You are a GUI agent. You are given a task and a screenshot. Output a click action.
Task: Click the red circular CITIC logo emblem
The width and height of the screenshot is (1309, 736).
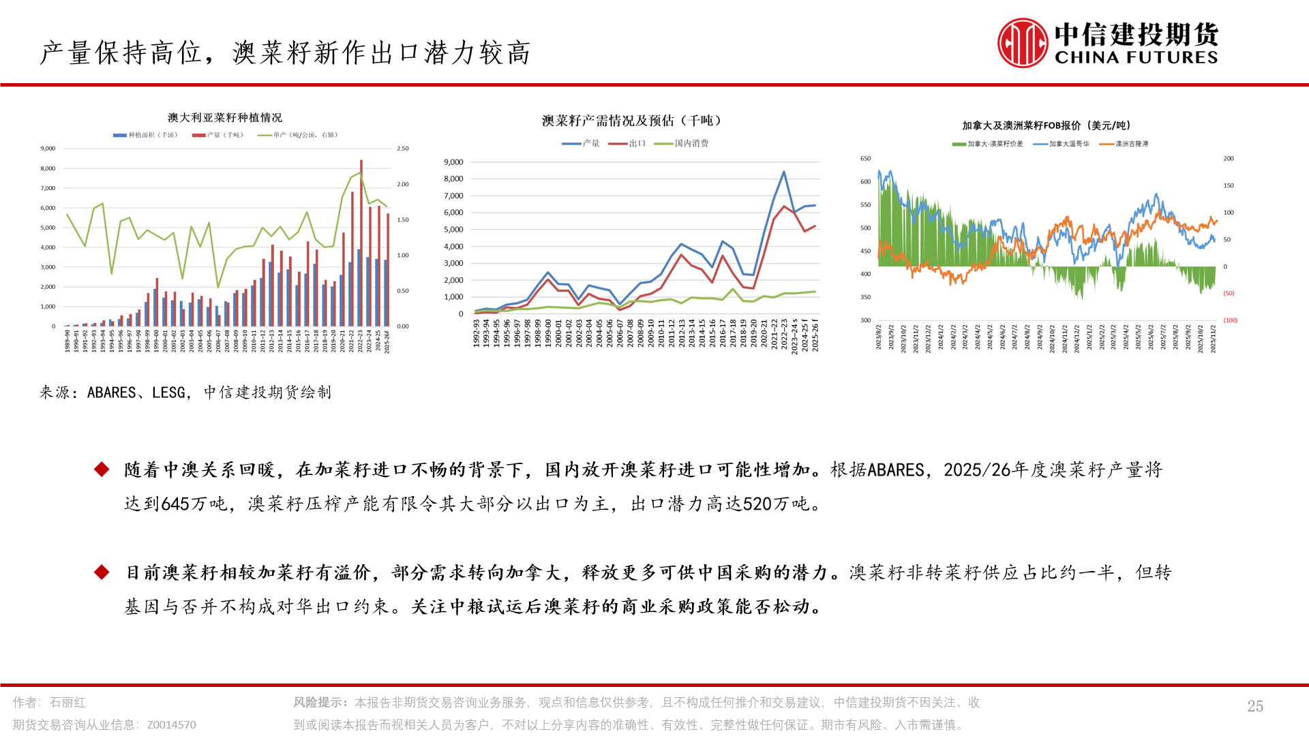[1022, 43]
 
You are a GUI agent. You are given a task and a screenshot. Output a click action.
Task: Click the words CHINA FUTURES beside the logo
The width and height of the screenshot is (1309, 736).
[1136, 58]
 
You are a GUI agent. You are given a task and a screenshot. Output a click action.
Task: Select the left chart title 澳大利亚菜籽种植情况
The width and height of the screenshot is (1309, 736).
[224, 118]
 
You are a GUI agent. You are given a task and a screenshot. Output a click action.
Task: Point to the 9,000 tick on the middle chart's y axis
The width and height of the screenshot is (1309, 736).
[453, 162]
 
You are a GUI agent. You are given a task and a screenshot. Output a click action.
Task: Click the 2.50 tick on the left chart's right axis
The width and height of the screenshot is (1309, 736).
[403, 149]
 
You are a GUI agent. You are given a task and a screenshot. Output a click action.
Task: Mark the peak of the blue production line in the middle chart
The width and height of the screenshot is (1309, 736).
[784, 172]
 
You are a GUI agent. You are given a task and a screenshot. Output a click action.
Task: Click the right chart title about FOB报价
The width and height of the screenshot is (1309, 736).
[1046, 125]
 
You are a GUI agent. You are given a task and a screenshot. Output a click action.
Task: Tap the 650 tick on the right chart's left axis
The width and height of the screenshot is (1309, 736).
[865, 159]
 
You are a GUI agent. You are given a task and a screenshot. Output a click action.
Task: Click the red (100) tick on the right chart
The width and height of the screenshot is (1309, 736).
[1230, 320]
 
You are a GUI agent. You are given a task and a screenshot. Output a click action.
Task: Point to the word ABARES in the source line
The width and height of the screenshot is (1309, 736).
[111, 393]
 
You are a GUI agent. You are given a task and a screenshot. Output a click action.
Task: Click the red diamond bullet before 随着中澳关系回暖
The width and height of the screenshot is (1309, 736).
[102, 470]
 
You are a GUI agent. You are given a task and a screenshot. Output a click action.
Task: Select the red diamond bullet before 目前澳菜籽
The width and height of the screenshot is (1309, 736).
[102, 572]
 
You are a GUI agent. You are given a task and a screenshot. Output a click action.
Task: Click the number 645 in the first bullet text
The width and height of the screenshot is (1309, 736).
[175, 504]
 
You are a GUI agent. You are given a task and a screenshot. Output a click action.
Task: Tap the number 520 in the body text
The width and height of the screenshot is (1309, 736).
[757, 504]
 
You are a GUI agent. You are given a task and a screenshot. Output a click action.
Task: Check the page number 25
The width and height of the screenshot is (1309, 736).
[1255, 706]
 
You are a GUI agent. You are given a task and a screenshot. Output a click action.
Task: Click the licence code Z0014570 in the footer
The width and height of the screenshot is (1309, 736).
[171, 725]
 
